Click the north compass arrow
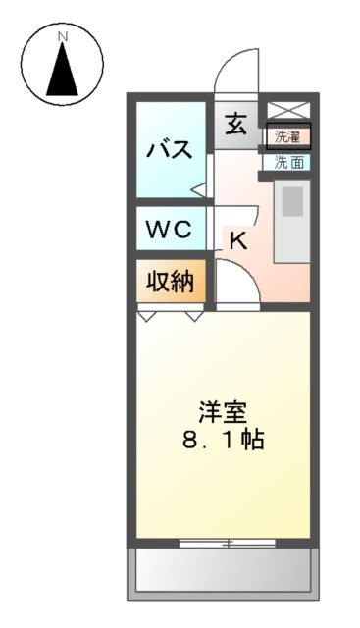tap(62, 68)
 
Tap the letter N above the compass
tap(62, 37)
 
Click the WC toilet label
tap(170, 231)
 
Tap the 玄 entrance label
tap(236, 125)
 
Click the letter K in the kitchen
tap(237, 241)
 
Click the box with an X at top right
tap(287, 110)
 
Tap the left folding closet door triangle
tap(148, 317)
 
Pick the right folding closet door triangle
tap(194, 317)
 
